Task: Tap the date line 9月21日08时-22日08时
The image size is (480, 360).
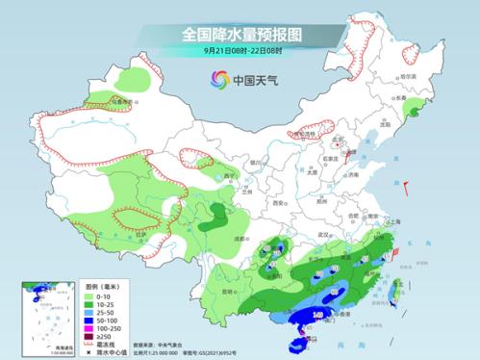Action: pos(240,51)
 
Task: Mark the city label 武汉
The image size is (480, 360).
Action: pos(326,235)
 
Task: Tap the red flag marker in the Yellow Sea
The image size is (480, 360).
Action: pos(408,185)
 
